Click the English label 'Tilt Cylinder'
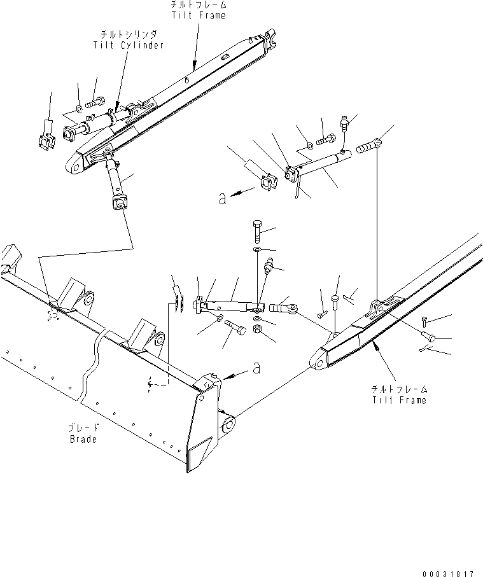click(x=128, y=45)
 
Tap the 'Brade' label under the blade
click(x=83, y=439)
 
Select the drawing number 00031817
click(x=448, y=574)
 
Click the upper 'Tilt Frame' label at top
click(x=199, y=15)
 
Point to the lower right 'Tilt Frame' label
click(x=400, y=400)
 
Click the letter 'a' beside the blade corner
click(x=256, y=368)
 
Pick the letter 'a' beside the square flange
click(x=222, y=198)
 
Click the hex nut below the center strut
click(x=258, y=329)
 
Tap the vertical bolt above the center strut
click(x=257, y=231)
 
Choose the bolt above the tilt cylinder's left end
click(x=95, y=102)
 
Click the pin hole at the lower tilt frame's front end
click(x=319, y=363)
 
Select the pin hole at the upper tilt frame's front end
click(x=76, y=168)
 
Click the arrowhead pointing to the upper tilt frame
click(x=193, y=66)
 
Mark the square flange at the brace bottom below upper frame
click(x=119, y=202)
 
